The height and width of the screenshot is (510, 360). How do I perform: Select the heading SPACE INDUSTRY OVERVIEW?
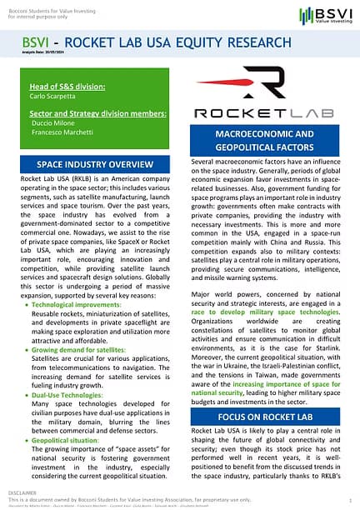point(97,163)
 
